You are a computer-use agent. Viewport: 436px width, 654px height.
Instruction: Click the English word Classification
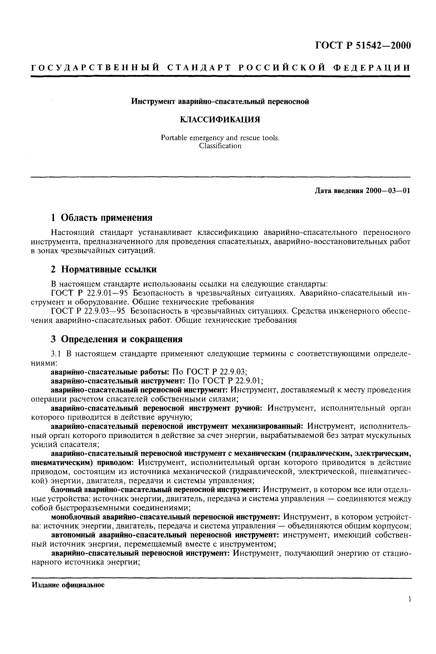[220, 146]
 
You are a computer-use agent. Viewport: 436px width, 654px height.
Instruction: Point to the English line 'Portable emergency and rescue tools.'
[220, 138]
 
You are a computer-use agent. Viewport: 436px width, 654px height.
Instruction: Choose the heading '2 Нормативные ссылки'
[104, 269]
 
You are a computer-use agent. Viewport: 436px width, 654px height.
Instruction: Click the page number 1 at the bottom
[410, 607]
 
